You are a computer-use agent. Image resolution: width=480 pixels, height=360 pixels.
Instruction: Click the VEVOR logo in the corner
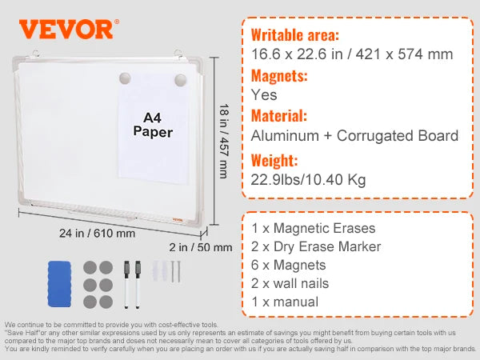click(66, 29)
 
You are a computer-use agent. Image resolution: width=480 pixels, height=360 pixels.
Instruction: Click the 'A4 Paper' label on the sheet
click(153, 124)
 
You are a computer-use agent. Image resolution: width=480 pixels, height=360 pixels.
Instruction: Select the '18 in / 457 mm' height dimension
click(223, 140)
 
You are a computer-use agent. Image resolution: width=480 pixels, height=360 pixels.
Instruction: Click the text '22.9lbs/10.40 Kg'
click(308, 179)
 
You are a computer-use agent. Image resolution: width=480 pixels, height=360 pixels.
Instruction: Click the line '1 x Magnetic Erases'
click(314, 227)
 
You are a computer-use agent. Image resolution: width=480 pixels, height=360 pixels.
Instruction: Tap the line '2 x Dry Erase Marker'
click(318, 246)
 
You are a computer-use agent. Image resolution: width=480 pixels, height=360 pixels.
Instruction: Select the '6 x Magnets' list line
click(289, 265)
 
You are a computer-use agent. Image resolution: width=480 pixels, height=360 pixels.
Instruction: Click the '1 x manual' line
click(285, 302)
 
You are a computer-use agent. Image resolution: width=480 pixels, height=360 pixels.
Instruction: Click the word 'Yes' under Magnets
click(264, 94)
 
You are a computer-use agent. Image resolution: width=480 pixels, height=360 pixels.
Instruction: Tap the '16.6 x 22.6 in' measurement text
click(296, 54)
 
